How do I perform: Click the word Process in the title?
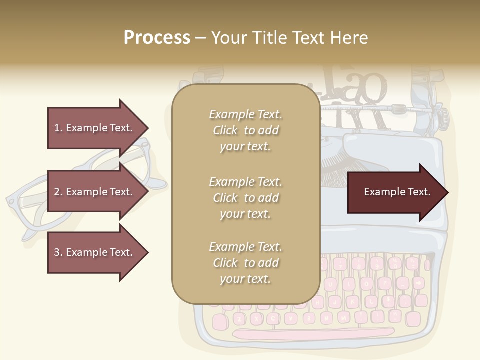(x=157, y=38)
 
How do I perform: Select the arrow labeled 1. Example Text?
(x=95, y=128)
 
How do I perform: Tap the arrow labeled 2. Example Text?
(x=95, y=192)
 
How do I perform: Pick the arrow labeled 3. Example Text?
(x=95, y=252)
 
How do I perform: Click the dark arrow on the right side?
(x=395, y=192)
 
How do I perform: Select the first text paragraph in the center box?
(x=245, y=130)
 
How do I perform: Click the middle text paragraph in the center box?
(x=245, y=197)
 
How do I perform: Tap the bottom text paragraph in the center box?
(x=245, y=263)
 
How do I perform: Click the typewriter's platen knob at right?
(x=442, y=116)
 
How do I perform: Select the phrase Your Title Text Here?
(x=289, y=38)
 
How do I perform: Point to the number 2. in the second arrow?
(x=58, y=192)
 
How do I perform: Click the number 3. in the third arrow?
(x=58, y=252)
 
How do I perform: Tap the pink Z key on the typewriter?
(x=239, y=318)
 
